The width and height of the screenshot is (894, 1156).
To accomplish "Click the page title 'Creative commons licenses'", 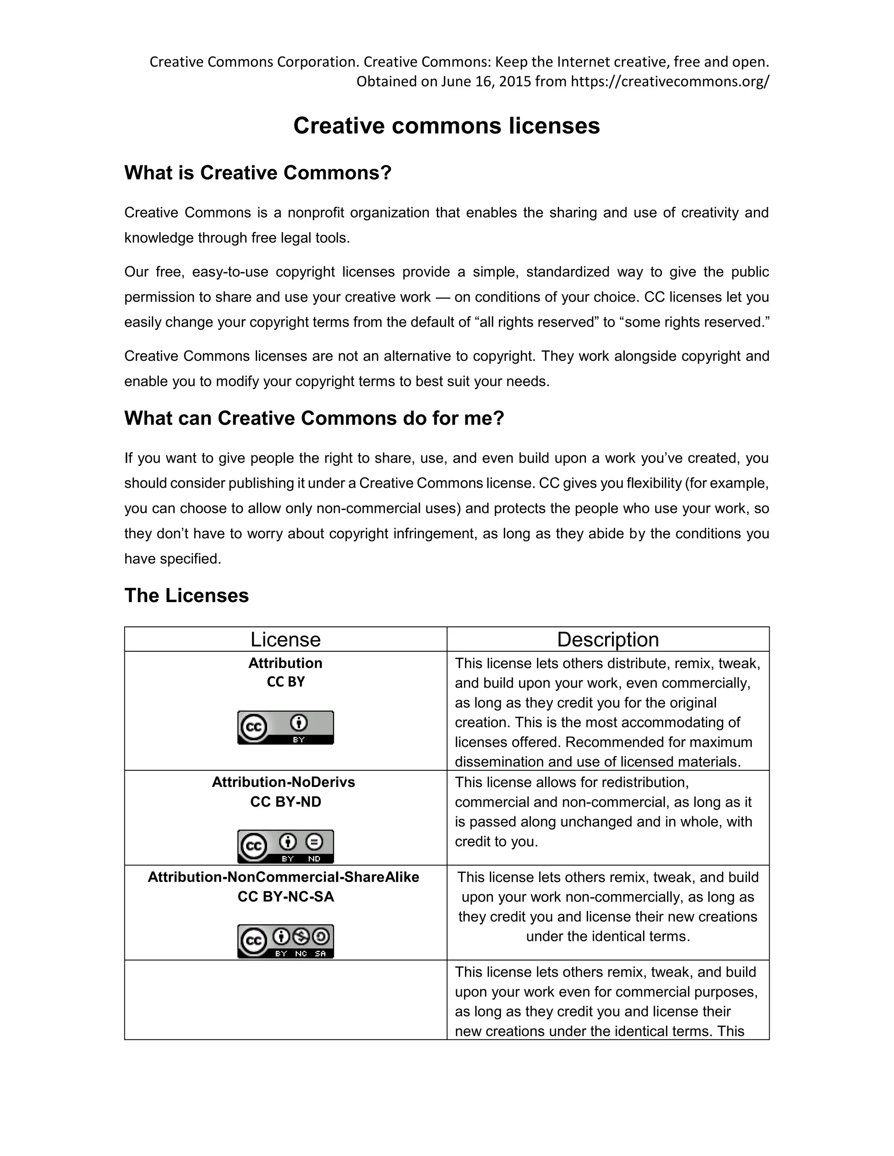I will tap(447, 126).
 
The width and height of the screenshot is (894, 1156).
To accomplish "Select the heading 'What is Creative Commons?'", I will tap(258, 173).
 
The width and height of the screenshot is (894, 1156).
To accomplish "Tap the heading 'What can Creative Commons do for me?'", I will tap(314, 418).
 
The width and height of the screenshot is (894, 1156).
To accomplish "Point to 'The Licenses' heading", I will tap(186, 595).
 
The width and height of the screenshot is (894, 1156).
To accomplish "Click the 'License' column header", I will tap(285, 640).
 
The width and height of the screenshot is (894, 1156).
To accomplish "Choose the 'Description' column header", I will tap(608, 640).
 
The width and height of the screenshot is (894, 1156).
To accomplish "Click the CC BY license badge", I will tap(285, 727).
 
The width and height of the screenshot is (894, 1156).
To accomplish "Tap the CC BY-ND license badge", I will tap(285, 846).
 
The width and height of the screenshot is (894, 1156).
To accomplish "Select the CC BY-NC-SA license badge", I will tap(285, 941).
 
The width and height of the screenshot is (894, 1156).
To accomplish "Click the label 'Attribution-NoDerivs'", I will tap(283, 782).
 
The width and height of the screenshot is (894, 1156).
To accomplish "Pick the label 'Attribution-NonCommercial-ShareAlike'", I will tap(283, 877).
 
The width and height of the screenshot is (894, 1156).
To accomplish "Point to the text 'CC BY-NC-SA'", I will tap(285, 896).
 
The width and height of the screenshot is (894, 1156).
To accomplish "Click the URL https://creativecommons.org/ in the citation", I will tap(670, 82).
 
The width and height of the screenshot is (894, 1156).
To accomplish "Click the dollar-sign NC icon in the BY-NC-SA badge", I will tap(301, 937).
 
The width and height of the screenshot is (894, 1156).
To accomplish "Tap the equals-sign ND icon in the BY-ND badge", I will tap(315, 841).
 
